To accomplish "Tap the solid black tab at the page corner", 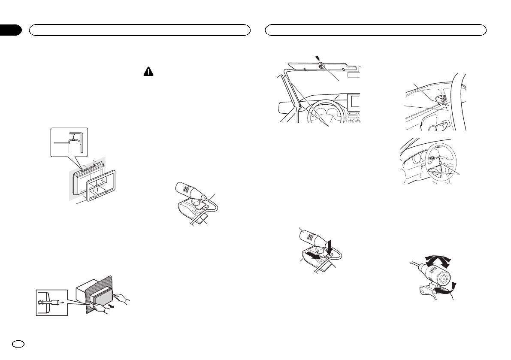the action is [10, 30].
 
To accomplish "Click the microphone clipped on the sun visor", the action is [321, 66].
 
